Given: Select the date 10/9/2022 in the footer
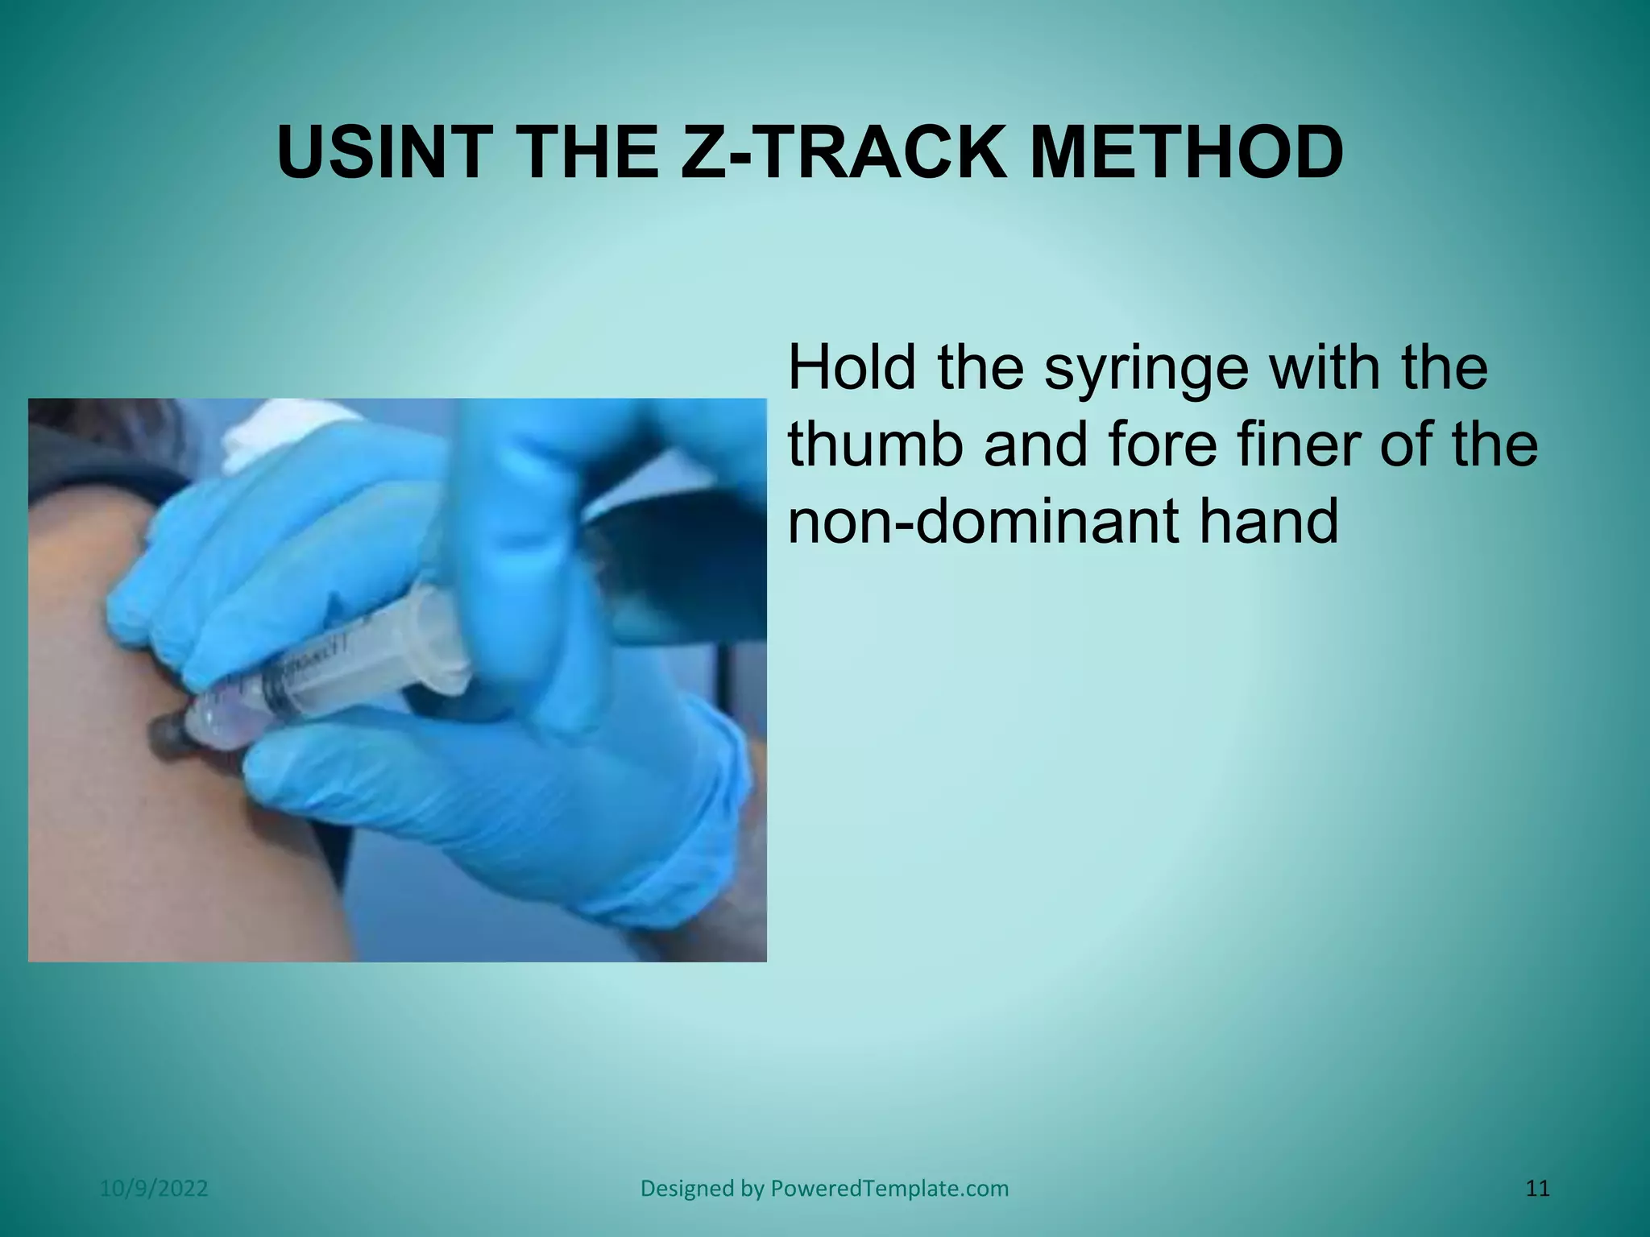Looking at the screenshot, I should pos(154,1189).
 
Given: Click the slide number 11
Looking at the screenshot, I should pos(1537,1189).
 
